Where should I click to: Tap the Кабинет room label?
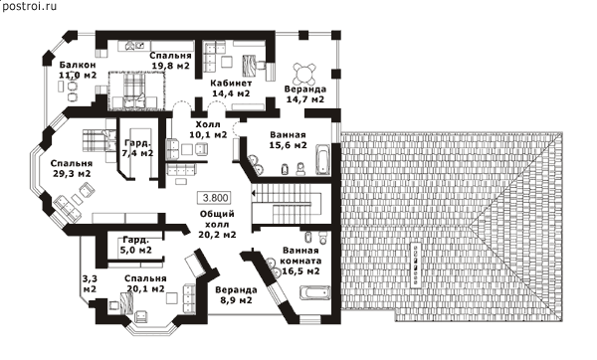tap(231, 83)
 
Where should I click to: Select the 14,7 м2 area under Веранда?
tap(305, 99)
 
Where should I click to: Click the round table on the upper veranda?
tap(304, 74)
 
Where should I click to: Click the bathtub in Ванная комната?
tap(314, 292)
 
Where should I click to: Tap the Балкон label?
tap(78, 64)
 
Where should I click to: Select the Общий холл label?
tap(217, 219)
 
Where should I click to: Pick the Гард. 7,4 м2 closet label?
tap(138, 148)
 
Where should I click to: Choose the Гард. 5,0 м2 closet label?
tap(136, 245)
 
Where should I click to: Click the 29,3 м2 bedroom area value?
tap(72, 173)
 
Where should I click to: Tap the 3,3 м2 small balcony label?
tap(90, 283)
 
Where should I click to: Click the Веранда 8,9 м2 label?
tap(236, 295)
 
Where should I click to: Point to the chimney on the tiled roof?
tap(416, 264)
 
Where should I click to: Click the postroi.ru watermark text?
tap(29, 7)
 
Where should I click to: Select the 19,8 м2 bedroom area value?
tap(170, 66)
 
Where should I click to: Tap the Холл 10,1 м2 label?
tap(208, 129)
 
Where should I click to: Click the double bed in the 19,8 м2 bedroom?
tap(135, 90)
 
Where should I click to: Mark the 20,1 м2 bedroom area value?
tap(146, 288)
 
